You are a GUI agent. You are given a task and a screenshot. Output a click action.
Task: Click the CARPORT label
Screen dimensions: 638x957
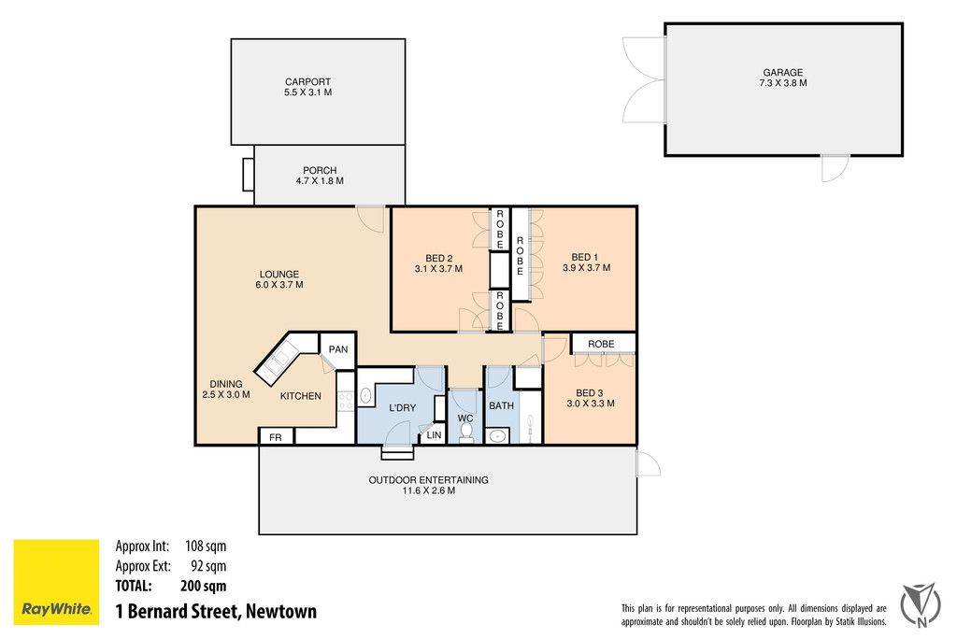point(307,82)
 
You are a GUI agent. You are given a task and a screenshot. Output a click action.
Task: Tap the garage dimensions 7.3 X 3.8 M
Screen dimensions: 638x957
point(782,84)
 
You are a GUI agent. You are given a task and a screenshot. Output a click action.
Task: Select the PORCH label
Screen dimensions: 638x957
point(320,170)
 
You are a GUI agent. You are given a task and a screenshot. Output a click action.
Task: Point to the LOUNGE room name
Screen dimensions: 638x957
point(279,274)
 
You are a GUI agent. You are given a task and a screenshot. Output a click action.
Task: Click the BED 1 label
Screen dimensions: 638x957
point(585,257)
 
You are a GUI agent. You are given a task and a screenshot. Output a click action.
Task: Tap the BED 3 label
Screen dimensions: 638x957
point(589,392)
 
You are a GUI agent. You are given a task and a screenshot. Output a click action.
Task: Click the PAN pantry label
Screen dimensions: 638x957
point(337,350)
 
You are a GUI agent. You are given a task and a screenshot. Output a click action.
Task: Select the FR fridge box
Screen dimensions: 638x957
point(276,437)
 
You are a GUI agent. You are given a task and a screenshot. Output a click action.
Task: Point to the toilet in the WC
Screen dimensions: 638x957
point(466,432)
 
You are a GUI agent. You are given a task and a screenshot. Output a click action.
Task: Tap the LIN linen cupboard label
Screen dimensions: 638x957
point(434,435)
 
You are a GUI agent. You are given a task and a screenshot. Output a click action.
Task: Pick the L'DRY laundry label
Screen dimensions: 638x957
point(402,408)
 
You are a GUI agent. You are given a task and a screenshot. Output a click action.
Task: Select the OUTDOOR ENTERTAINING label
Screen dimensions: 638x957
point(428,480)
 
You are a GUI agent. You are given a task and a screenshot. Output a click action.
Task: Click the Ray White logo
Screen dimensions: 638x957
point(55,581)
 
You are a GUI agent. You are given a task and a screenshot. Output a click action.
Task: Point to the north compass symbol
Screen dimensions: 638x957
point(920,603)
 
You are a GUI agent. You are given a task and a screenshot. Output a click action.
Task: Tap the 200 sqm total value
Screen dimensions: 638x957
point(203,587)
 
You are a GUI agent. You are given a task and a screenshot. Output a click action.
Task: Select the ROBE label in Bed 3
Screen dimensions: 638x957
point(601,344)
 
